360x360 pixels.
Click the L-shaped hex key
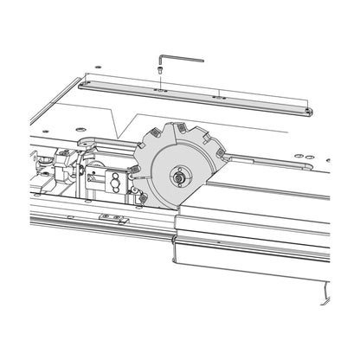(x=183, y=58)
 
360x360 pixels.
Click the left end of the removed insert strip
(x=83, y=84)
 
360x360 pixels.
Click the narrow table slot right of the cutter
(x=268, y=160)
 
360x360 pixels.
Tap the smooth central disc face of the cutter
(x=164, y=186)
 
